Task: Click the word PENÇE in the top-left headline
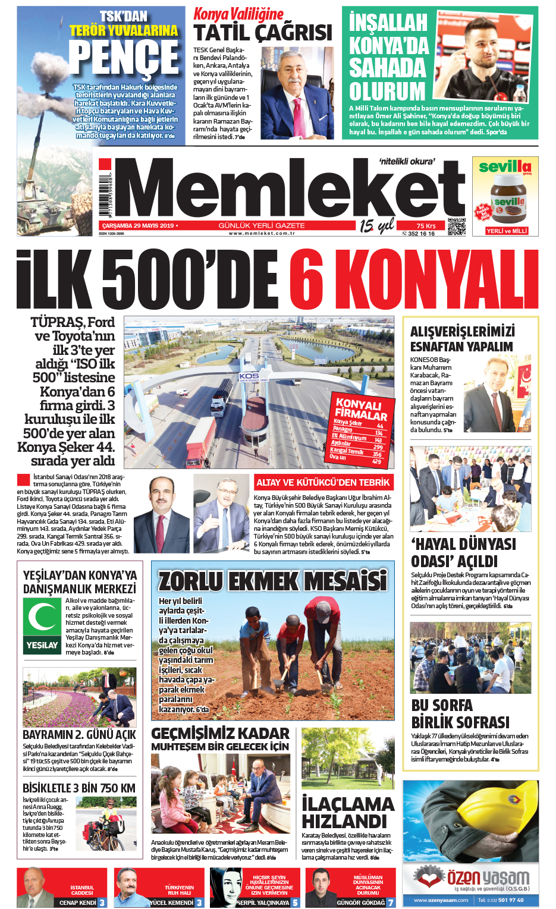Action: click(123, 58)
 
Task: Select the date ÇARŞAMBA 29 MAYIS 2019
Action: click(138, 226)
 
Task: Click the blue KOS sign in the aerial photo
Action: click(250, 376)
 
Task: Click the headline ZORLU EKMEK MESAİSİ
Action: click(272, 580)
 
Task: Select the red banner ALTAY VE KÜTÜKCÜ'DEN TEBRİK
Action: click(323, 482)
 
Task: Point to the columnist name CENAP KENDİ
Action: click(77, 902)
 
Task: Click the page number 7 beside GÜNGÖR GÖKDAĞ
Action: click(391, 902)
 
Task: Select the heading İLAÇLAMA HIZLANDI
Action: click(347, 813)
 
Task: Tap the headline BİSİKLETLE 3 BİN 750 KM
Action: click(79, 788)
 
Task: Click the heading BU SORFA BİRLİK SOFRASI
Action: click(460, 714)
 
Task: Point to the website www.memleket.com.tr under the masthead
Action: click(262, 234)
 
